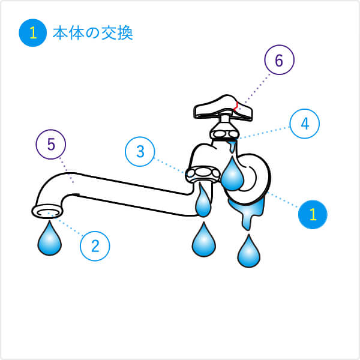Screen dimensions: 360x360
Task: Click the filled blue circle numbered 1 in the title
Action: [33, 33]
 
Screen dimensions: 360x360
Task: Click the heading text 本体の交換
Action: [93, 34]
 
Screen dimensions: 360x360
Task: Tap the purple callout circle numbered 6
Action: [279, 59]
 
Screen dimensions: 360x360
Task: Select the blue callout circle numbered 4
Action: [305, 124]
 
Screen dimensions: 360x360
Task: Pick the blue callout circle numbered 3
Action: [140, 152]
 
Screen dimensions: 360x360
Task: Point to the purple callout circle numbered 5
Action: [51, 145]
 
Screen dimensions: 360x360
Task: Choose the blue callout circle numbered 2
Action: [95, 246]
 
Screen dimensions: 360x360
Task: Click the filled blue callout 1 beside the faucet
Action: [313, 214]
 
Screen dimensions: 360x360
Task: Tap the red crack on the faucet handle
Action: [236, 106]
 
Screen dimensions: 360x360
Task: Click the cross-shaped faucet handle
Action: [223, 108]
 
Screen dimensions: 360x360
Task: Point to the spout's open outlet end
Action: [47, 212]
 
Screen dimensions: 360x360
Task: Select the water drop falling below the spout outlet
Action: [50, 238]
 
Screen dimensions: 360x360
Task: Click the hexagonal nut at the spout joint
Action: [203, 174]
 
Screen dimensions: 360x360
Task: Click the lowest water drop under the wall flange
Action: [249, 251]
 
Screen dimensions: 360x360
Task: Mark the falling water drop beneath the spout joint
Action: [204, 239]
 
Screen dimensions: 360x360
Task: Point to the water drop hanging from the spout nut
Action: [203, 200]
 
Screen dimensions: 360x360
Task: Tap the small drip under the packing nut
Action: [232, 146]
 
